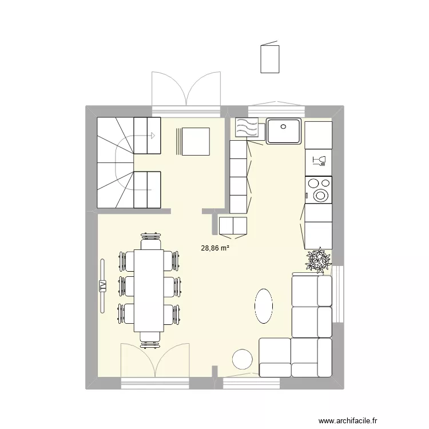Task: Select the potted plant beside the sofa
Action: click(x=317, y=261)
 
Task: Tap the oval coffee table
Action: click(x=263, y=305)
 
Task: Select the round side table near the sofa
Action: click(x=243, y=359)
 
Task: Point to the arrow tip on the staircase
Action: click(x=154, y=136)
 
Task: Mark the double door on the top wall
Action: click(x=186, y=92)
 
